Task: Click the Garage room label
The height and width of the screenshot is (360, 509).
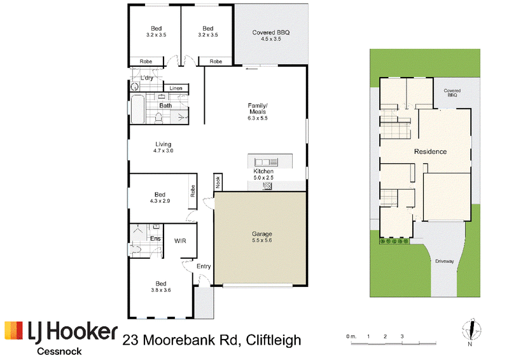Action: (261, 233)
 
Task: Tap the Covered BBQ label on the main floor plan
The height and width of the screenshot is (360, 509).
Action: (271, 32)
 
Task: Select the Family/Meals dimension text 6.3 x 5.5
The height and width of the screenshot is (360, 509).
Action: (258, 118)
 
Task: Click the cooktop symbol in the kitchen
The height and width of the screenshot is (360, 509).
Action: (267, 186)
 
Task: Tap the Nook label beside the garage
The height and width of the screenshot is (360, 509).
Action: (218, 182)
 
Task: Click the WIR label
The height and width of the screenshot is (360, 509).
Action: (180, 241)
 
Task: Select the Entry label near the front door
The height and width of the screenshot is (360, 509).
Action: (204, 267)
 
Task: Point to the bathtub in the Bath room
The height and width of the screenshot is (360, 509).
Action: (137, 109)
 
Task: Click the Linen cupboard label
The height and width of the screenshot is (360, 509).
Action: (176, 88)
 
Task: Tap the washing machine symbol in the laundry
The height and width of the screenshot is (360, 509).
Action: (134, 87)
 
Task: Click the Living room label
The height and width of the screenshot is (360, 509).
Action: (164, 144)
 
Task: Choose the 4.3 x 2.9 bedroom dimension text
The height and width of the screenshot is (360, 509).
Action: (160, 201)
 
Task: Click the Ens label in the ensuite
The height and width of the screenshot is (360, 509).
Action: (155, 239)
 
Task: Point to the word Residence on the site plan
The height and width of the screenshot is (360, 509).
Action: (431, 151)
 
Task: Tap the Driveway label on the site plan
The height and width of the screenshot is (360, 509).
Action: (444, 261)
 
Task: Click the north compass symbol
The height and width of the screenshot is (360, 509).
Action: (471, 330)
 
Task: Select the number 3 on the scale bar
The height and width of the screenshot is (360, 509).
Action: (402, 336)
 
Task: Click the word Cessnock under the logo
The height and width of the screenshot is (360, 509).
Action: (59, 351)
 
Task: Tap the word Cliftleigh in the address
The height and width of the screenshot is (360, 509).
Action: (274, 340)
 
